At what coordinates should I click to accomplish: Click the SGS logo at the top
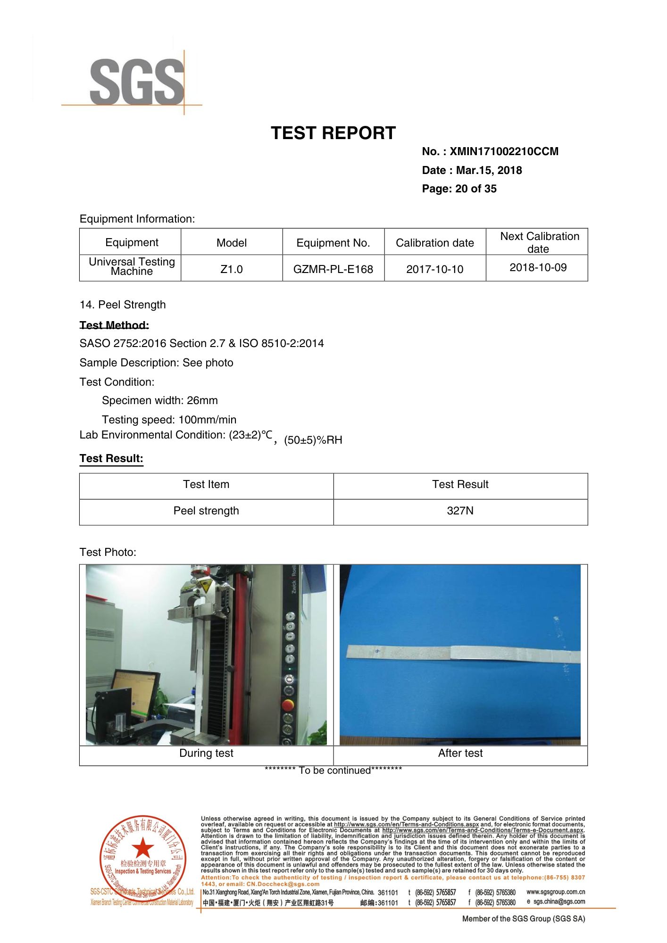136,82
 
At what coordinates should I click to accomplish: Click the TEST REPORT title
333,133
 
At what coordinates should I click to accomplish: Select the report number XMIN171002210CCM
504,152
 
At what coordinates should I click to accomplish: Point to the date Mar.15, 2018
489,171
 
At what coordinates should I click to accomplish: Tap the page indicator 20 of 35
475,189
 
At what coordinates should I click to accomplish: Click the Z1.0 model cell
232,269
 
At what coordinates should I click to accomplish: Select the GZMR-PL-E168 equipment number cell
333,269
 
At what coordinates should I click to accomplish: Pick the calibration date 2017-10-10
434,269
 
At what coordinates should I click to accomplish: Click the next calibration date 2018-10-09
538,268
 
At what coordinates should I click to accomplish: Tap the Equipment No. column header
333,243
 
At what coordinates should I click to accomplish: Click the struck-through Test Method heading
114,325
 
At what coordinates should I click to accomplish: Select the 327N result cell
460,511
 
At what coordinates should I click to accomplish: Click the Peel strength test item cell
206,511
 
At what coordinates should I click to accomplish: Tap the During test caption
206,753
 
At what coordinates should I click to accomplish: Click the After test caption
460,753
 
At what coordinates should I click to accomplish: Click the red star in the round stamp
142,848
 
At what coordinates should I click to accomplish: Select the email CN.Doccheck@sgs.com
283,884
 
